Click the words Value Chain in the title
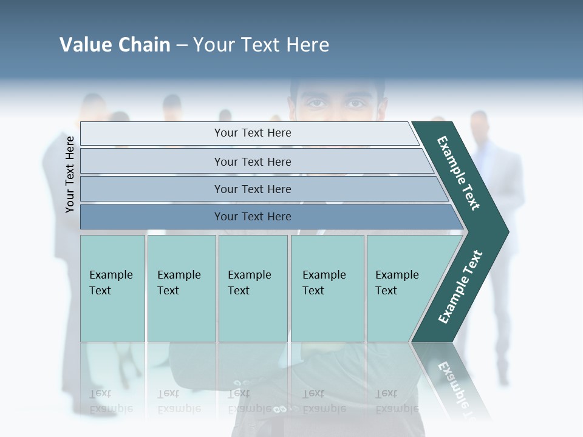click(115, 45)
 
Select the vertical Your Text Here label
click(70, 174)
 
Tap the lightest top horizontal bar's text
click(253, 133)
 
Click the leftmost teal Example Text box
click(112, 288)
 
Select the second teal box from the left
click(181, 288)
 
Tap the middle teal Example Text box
click(253, 288)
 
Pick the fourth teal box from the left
click(327, 288)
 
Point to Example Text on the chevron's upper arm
click(459, 172)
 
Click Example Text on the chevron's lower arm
click(460, 287)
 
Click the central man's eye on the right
click(355, 103)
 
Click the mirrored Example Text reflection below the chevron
click(452, 382)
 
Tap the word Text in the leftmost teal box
click(100, 291)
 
